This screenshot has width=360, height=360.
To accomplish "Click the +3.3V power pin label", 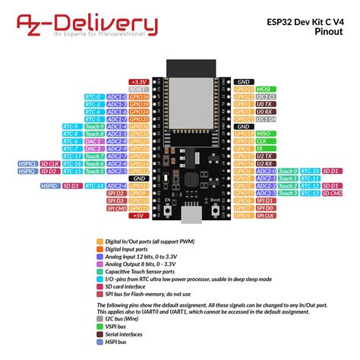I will [x=138, y=81].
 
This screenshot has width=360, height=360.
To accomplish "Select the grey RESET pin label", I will [x=138, y=90].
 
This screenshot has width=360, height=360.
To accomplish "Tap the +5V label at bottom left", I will [x=138, y=215].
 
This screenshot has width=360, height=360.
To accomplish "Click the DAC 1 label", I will [x=93, y=141].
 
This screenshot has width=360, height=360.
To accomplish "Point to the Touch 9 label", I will [x=93, y=126].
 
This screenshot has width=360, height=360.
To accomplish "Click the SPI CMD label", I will [x=116, y=207].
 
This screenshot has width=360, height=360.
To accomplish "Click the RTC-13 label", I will [x=311, y=193].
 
